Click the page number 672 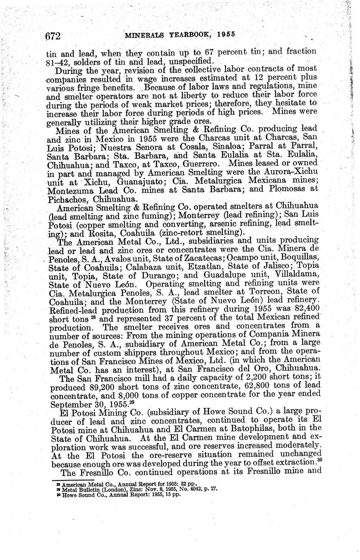[53, 36]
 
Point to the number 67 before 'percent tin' [210, 52]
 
